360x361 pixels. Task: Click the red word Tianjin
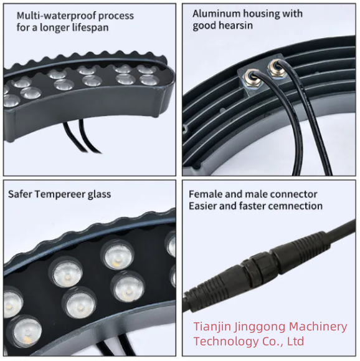click(212, 327)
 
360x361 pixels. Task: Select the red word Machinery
click(318, 327)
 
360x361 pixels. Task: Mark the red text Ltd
click(295, 341)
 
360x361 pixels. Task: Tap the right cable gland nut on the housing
click(275, 67)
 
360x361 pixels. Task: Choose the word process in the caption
click(116, 16)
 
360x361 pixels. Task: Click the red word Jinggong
click(259, 327)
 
